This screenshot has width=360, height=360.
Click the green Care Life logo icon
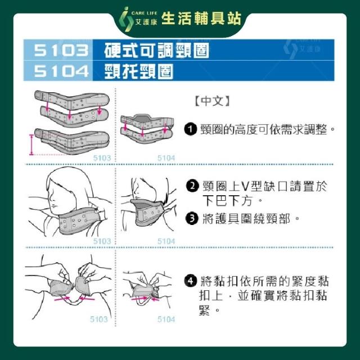click(126, 19)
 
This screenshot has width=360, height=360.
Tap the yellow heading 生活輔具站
click(201, 19)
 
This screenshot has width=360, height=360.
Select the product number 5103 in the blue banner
click(61, 50)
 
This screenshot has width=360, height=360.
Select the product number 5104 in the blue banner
click(61, 71)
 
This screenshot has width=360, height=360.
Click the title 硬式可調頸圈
click(156, 50)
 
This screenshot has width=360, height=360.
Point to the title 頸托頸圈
click(139, 71)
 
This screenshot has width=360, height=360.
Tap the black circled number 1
click(191, 129)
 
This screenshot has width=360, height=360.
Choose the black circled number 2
click(192, 186)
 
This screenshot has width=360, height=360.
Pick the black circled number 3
click(192, 218)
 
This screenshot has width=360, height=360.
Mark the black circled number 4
click(191, 281)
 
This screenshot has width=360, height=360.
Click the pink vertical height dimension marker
click(31, 145)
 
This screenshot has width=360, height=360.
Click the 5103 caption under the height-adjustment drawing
click(102, 158)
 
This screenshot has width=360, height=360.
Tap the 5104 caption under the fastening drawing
click(166, 319)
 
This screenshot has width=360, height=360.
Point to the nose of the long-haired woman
click(49, 197)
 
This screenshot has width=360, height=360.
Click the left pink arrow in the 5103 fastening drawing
click(62, 299)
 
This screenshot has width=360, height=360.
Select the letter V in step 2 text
click(245, 186)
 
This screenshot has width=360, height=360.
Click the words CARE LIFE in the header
click(144, 13)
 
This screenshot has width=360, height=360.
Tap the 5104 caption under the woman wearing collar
click(166, 241)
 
